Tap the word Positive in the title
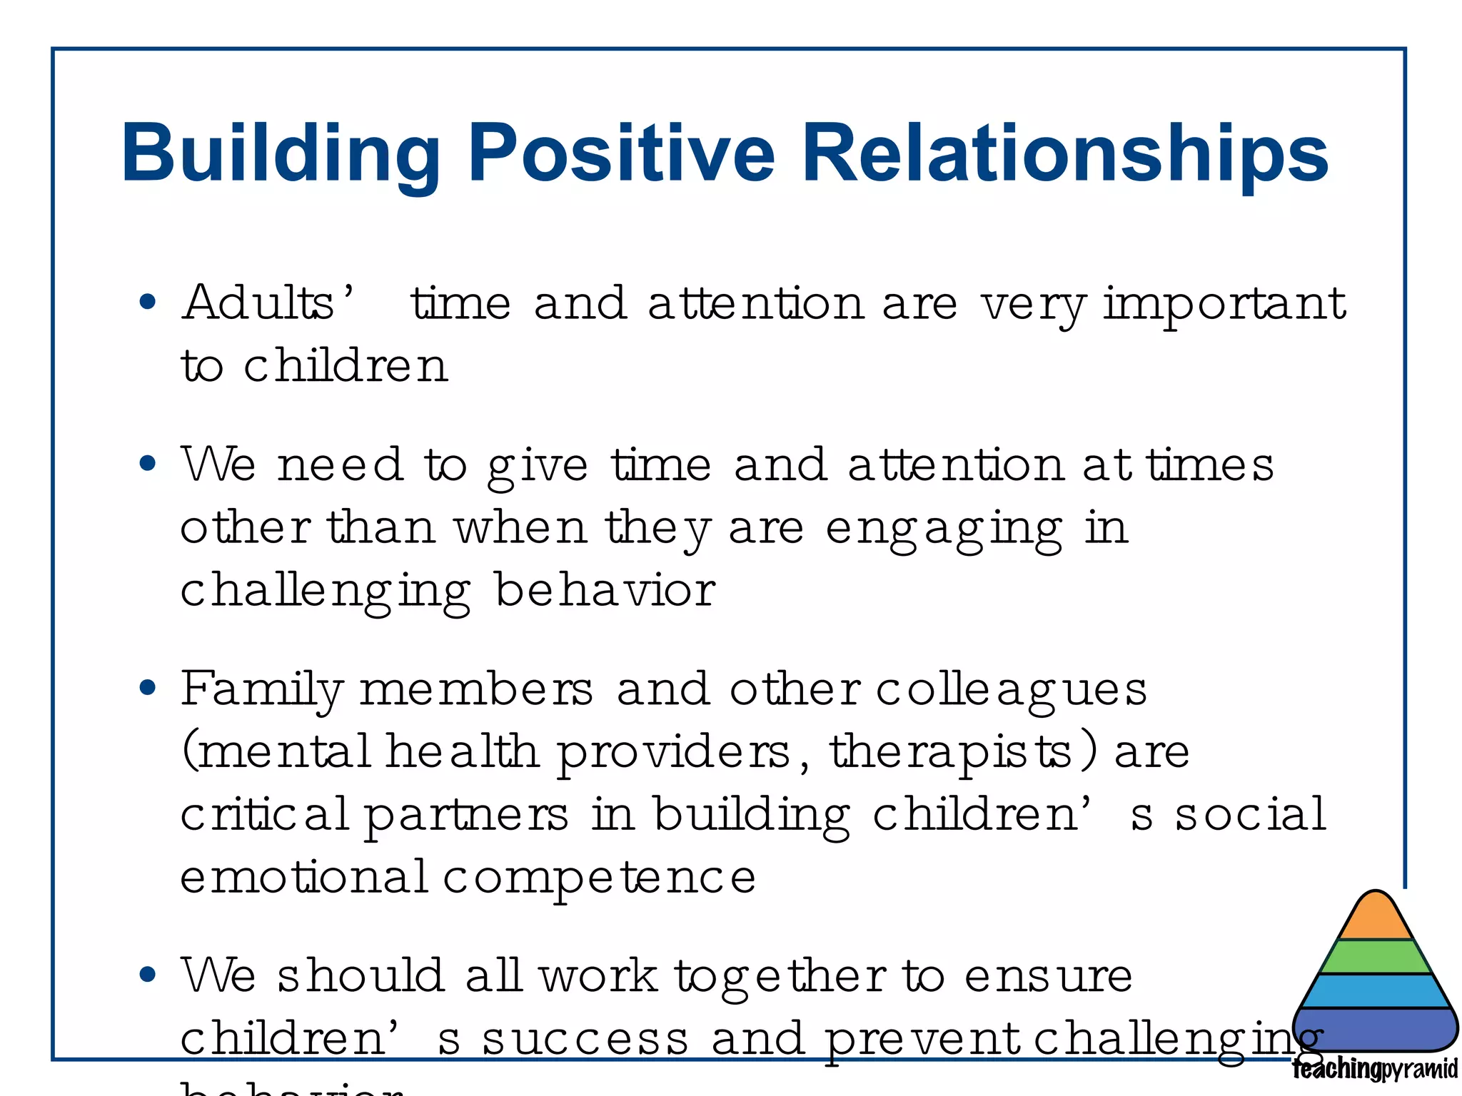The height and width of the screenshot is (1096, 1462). (620, 153)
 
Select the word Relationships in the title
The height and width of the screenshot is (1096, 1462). (1064, 153)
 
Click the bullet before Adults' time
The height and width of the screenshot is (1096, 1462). (148, 303)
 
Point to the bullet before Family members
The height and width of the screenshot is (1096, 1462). (148, 689)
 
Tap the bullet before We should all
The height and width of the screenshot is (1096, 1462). (148, 975)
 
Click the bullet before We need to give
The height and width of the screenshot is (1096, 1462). (148, 465)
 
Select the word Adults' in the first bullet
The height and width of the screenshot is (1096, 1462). (268, 303)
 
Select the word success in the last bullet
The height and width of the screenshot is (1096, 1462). (585, 1040)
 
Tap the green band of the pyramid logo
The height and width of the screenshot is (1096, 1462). (1376, 958)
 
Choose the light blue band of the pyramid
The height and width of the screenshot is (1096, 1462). (1376, 991)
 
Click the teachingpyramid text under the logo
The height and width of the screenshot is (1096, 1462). (1374, 1070)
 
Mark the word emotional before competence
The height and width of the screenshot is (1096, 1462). (303, 878)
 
